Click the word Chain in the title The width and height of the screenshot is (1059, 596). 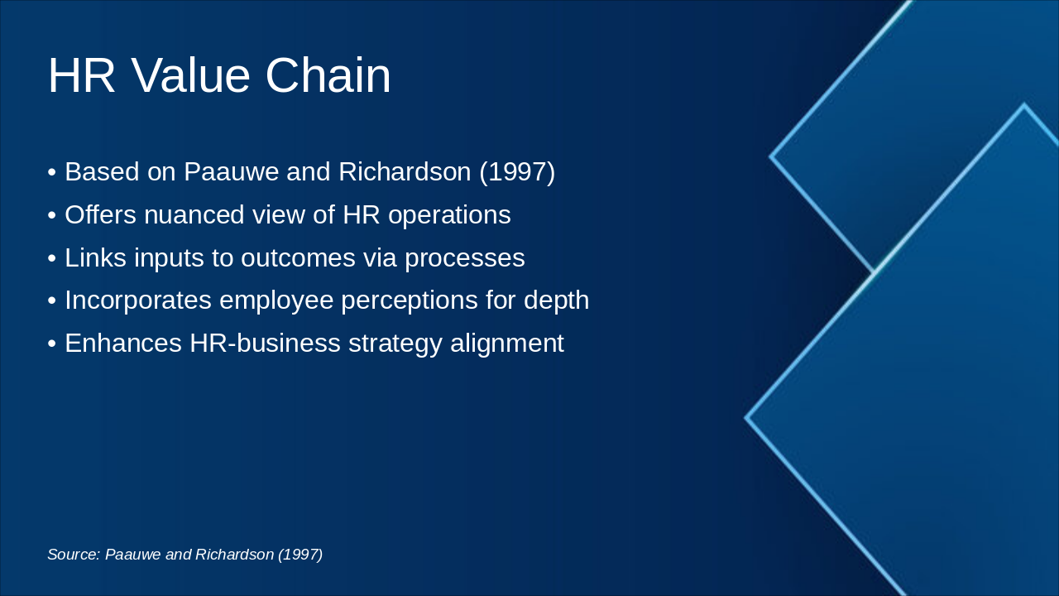(x=328, y=76)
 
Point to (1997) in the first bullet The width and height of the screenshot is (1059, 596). (x=517, y=172)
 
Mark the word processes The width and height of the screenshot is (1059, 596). (x=464, y=258)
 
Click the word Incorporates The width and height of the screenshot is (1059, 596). (x=138, y=300)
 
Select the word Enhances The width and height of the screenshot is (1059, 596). (x=123, y=344)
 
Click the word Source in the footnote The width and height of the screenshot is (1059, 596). (x=74, y=555)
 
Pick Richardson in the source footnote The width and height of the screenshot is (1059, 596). (x=234, y=555)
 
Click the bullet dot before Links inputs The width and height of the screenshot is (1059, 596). (x=52, y=259)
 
